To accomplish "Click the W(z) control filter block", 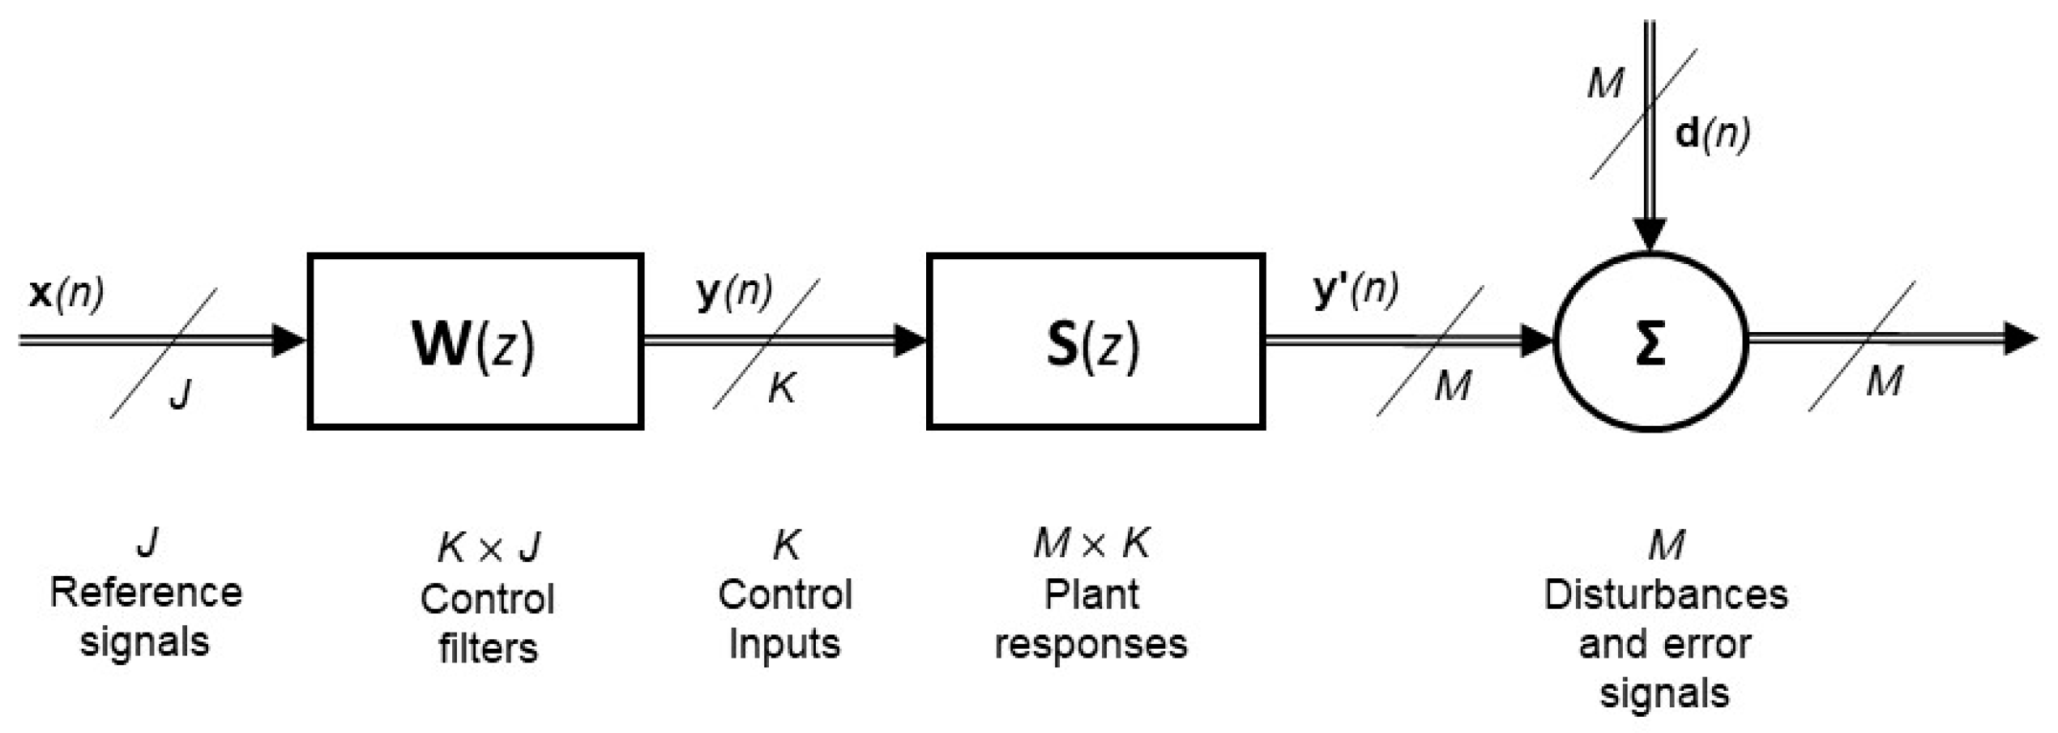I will pos(475,341).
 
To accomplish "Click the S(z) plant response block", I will pos(1095,341).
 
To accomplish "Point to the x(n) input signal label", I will pos(66,293).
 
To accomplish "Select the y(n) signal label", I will pos(734,292).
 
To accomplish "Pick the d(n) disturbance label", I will pos(1711,134).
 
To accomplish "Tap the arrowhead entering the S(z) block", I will pos(909,340).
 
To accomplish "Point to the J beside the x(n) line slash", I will pos(181,394).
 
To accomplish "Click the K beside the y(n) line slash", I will pos(782,389).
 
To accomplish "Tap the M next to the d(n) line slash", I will pos(1605,83).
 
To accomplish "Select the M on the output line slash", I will pos(1884,381).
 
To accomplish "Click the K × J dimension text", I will pos(489,548).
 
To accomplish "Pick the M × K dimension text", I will pos(1091,543).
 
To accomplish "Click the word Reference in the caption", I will pos(146,593).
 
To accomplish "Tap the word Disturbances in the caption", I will pos(1665,595).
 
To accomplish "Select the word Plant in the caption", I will pos(1091,595).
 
